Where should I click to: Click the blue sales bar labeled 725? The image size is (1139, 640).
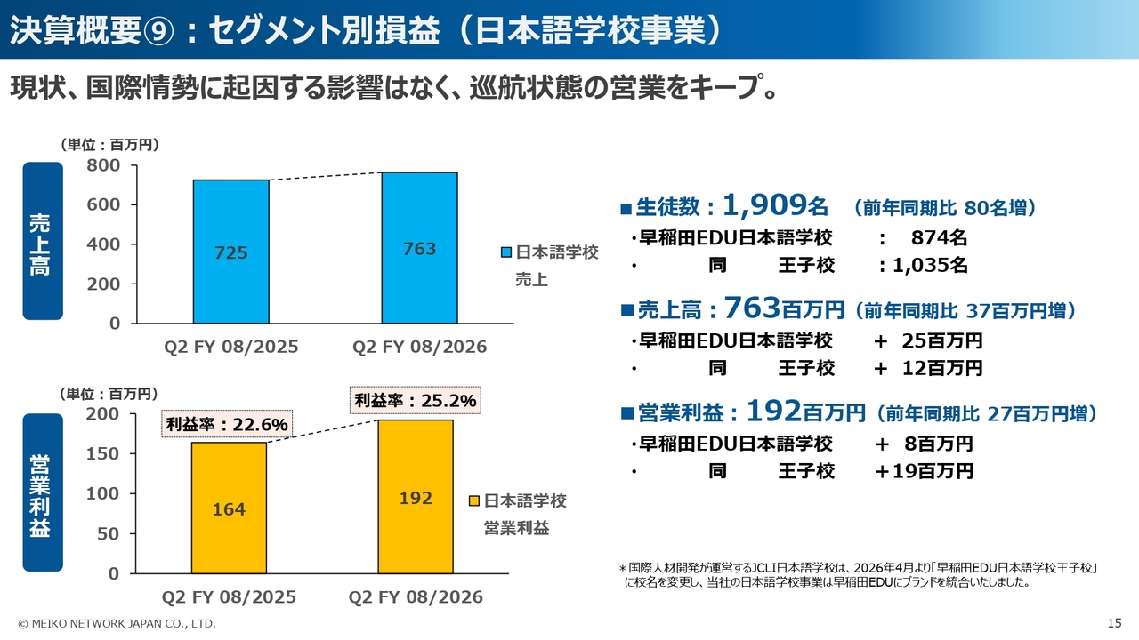(230, 252)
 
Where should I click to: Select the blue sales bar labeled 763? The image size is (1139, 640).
(419, 248)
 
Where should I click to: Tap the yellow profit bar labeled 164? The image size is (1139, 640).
(229, 508)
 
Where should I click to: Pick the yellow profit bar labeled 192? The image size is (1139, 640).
(416, 497)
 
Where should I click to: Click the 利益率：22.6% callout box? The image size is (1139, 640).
(227, 425)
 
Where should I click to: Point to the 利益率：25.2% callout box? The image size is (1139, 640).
(416, 401)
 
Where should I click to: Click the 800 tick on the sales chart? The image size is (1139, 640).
(104, 165)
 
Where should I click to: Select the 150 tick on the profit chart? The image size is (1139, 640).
(103, 453)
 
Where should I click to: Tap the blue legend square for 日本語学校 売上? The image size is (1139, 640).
(505, 253)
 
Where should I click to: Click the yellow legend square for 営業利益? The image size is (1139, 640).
(474, 501)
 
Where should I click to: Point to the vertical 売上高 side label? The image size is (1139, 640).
(42, 240)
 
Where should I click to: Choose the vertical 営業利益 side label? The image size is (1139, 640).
(42, 494)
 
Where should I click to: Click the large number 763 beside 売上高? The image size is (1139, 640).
(752, 308)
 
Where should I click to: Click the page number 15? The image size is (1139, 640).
(1114, 623)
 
